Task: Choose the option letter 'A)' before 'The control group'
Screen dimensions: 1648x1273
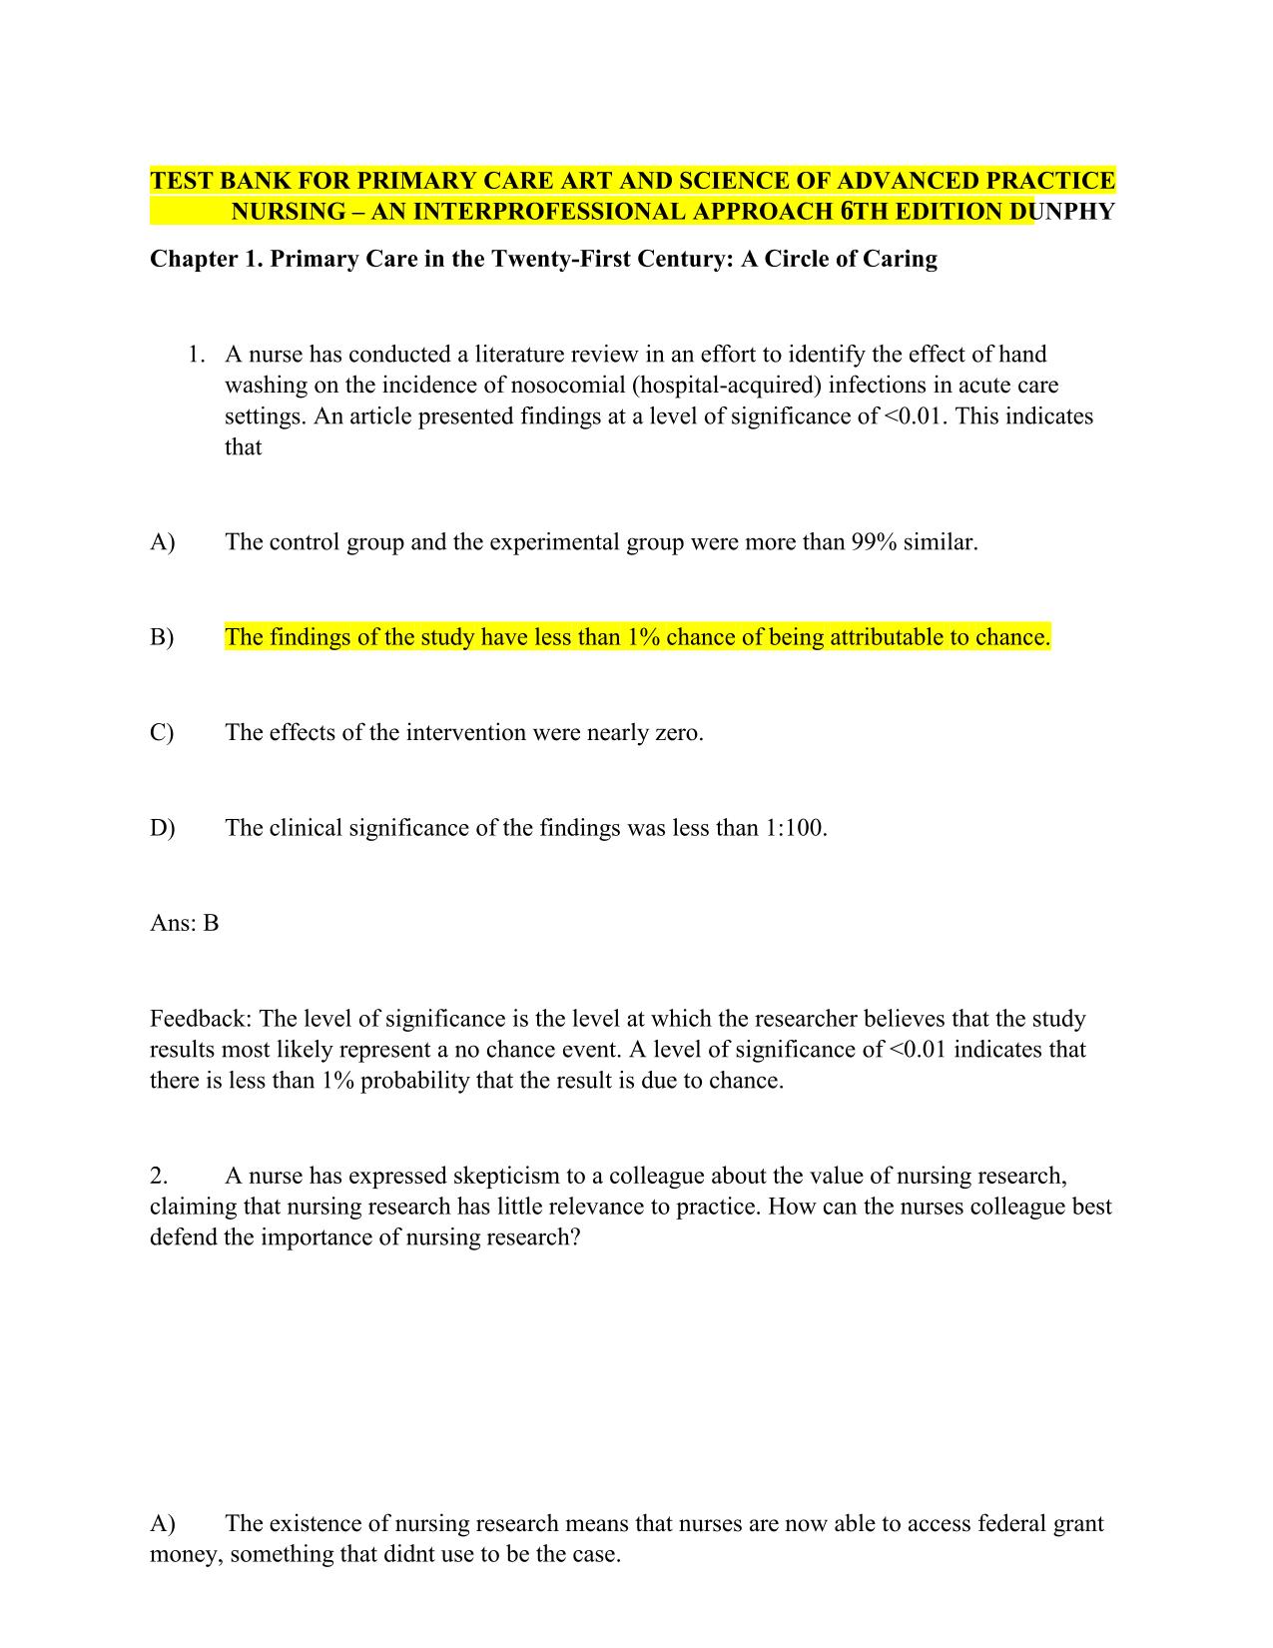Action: (162, 542)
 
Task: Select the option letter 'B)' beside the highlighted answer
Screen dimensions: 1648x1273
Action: (162, 637)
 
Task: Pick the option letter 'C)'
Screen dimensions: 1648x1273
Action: (162, 733)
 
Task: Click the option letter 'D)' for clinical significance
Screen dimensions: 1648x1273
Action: (162, 828)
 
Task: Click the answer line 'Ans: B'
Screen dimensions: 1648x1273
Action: (185, 923)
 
